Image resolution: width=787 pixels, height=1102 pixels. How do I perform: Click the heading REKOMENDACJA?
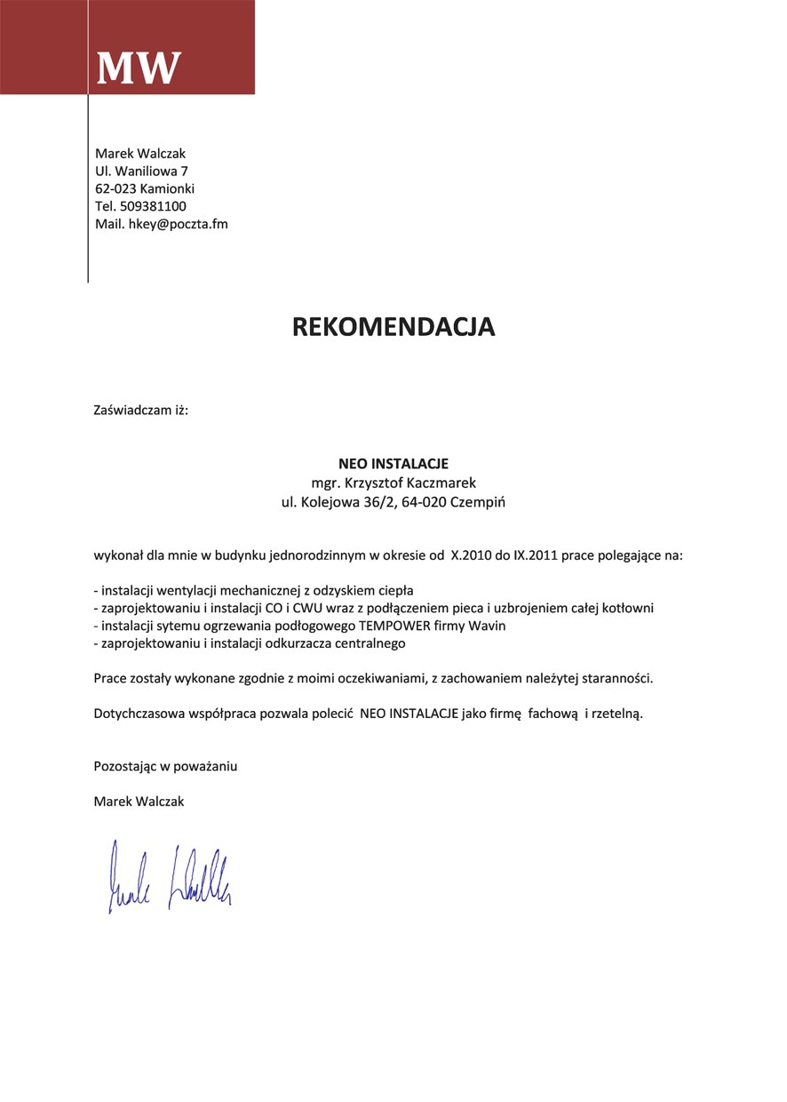point(393,327)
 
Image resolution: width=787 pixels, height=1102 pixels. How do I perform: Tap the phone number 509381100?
point(153,206)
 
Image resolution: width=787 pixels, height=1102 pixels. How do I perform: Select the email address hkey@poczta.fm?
point(179,224)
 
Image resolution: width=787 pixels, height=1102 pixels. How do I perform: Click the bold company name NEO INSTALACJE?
point(393,464)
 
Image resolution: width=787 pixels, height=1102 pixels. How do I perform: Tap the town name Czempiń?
point(479,501)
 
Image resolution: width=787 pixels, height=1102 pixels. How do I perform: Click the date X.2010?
point(472,556)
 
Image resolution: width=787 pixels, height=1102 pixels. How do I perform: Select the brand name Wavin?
point(487,626)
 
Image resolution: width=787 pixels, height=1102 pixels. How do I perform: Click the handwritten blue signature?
point(169,874)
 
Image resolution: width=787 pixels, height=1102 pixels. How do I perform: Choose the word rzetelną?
point(616,713)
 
